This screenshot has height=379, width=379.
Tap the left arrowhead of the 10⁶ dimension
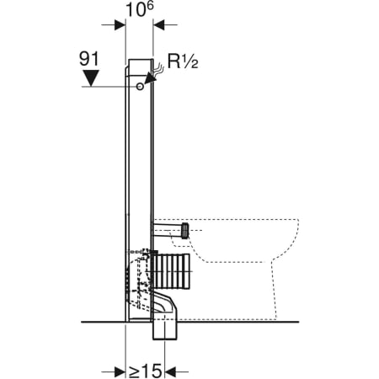tap(120, 24)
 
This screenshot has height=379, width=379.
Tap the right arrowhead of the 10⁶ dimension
tap(158, 24)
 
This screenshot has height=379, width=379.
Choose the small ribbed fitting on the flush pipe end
tap(185, 228)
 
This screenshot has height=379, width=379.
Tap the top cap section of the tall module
tap(139, 65)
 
